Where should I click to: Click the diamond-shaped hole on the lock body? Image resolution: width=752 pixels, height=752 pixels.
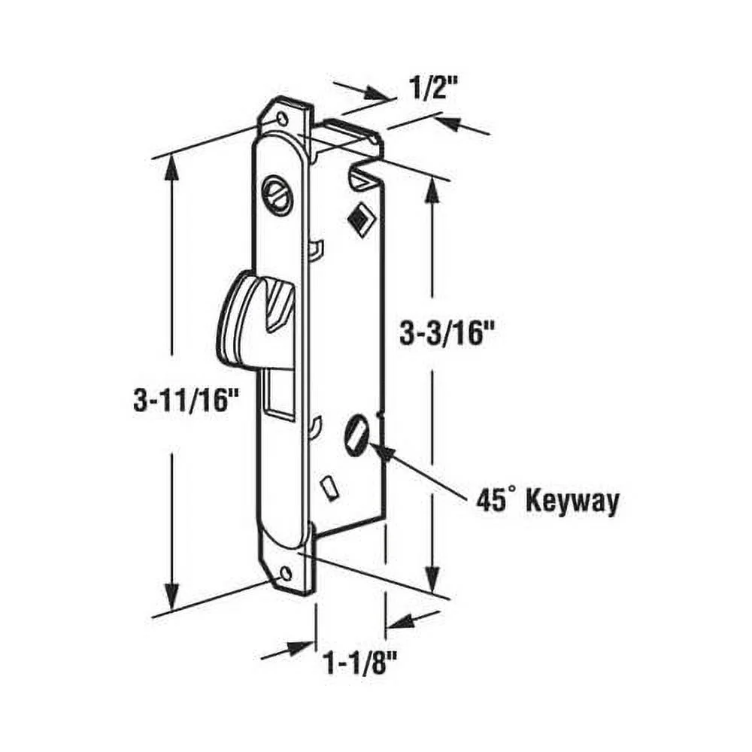point(359,217)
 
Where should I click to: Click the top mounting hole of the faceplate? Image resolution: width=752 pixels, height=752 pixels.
point(282,120)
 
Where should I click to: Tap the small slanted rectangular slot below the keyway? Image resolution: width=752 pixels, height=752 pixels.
point(329,488)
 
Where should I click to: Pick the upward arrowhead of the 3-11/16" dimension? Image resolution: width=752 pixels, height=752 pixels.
point(173,167)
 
